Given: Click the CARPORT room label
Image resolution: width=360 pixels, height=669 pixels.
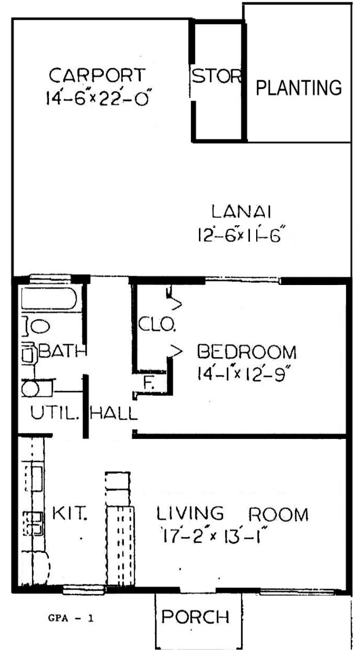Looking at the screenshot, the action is pyautogui.click(x=97, y=75).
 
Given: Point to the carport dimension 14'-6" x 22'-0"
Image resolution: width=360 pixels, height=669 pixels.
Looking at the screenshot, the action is pyautogui.click(x=97, y=98).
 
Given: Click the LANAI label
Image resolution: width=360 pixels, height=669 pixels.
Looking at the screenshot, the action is pyautogui.click(x=242, y=211).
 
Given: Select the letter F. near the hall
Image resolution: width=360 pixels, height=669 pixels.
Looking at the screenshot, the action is pyautogui.click(x=148, y=383).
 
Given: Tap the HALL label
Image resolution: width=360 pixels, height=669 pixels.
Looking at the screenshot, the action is pyautogui.click(x=114, y=413).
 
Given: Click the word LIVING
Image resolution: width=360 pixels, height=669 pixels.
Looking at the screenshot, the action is pyautogui.click(x=190, y=513).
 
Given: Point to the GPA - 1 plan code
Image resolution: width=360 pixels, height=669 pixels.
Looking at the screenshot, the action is pyautogui.click(x=71, y=618).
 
